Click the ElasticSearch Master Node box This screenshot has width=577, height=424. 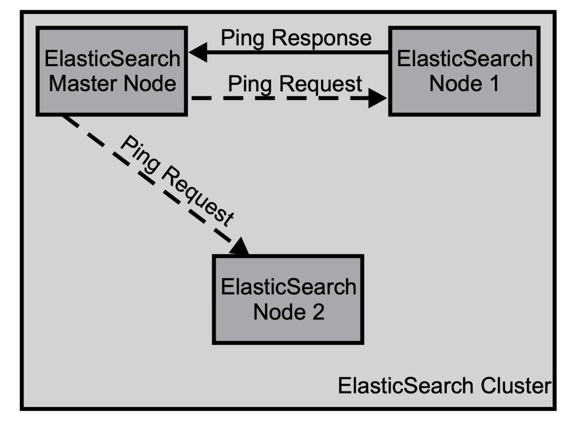click(112, 71)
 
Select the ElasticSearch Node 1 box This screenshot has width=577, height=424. click(464, 71)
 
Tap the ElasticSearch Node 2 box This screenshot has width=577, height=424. click(288, 300)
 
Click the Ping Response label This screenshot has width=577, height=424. click(296, 38)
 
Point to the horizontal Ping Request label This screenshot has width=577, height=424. click(295, 84)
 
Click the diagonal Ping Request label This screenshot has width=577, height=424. click(177, 180)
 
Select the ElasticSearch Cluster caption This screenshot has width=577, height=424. click(445, 386)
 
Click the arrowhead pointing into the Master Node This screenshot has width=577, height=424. click(198, 52)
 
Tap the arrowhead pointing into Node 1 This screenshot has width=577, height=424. click(378, 98)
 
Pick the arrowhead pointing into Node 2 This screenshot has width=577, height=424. click(240, 246)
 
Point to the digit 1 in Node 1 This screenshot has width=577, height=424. click(494, 83)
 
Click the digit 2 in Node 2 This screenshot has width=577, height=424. click(318, 312)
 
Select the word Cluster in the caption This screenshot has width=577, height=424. click(516, 386)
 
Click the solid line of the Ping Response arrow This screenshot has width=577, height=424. click(298, 52)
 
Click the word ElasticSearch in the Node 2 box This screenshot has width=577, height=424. click(289, 287)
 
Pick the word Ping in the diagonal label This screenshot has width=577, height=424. click(140, 153)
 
